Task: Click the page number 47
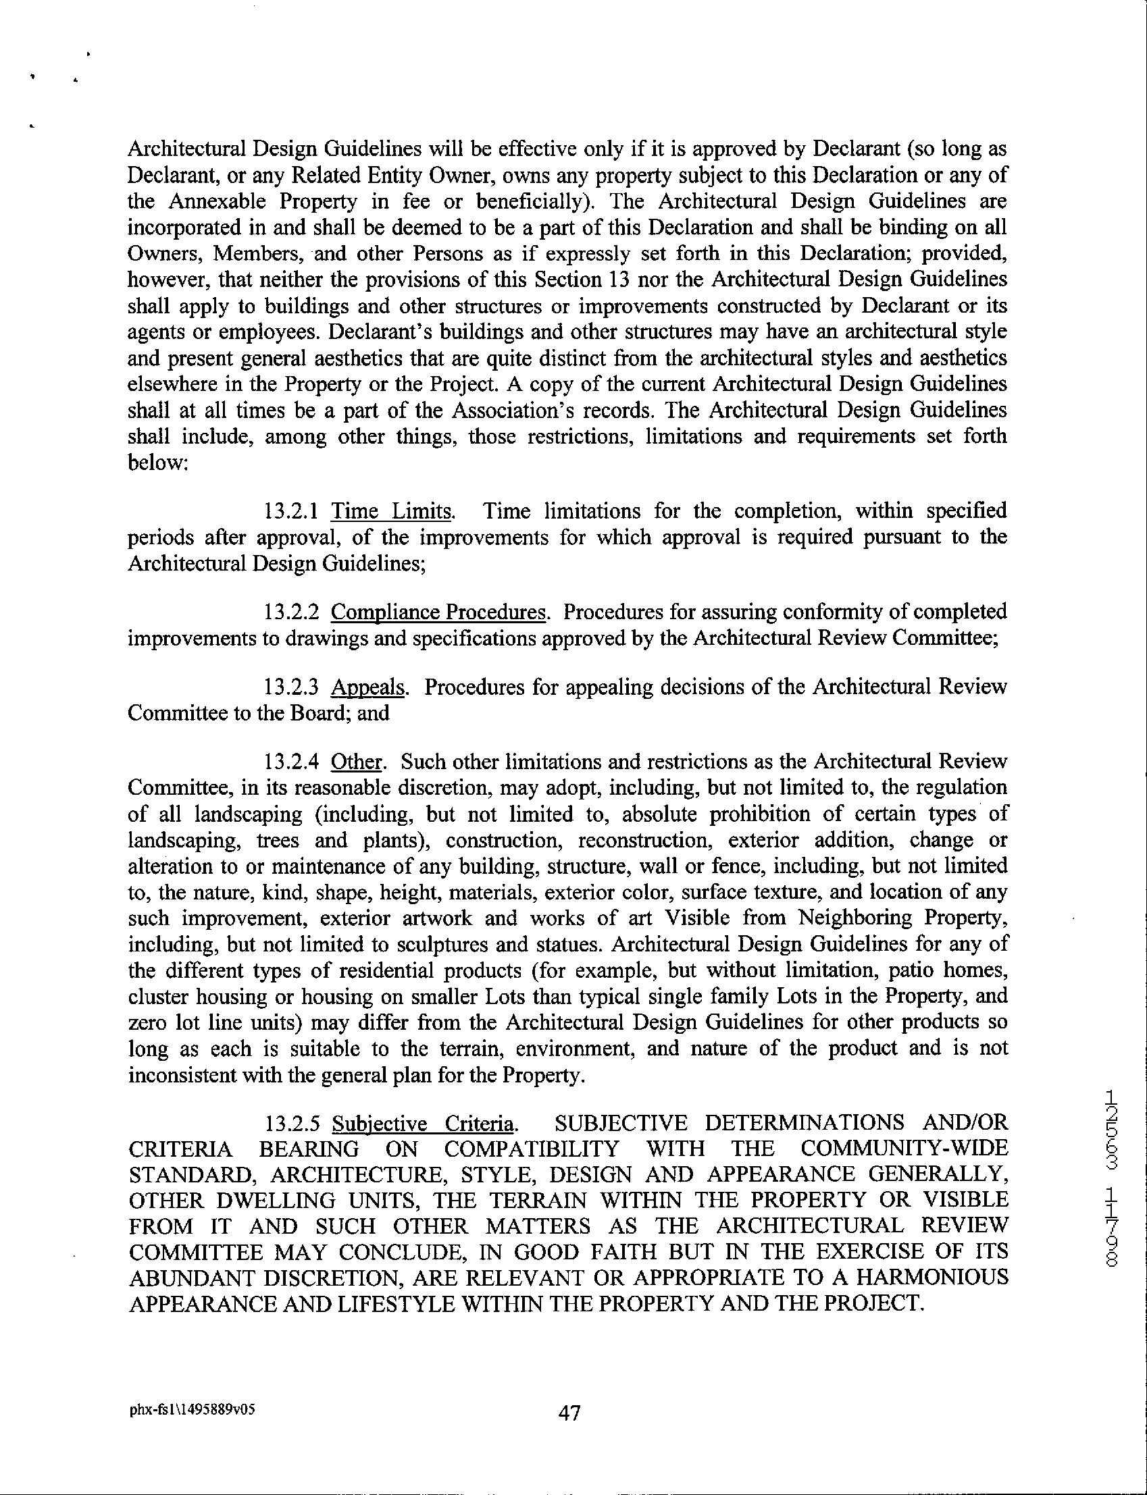coord(569,1410)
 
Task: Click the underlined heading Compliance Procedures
coord(438,612)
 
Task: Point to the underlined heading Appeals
coord(368,687)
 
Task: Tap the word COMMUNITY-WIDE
coord(904,1149)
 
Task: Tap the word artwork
coord(437,918)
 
